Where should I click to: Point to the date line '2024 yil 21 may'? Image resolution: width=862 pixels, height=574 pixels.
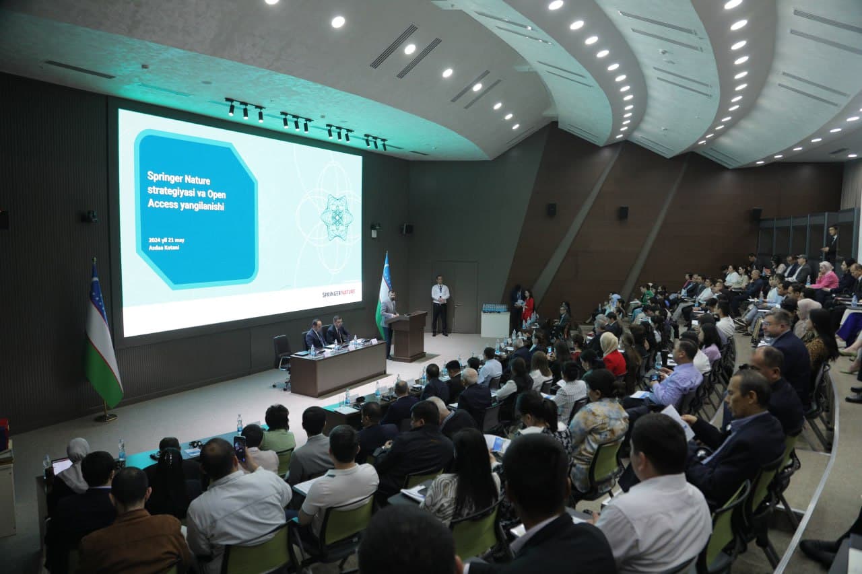coord(166,240)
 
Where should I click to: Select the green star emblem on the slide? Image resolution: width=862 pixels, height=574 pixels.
coord(336,217)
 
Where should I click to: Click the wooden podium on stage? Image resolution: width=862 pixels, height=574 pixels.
coord(408,334)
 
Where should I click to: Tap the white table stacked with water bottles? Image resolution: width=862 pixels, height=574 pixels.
coord(495,323)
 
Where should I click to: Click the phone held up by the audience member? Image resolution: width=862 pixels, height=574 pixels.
coord(240,447)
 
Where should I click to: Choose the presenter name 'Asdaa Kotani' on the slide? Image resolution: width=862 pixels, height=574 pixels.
coord(164,248)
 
